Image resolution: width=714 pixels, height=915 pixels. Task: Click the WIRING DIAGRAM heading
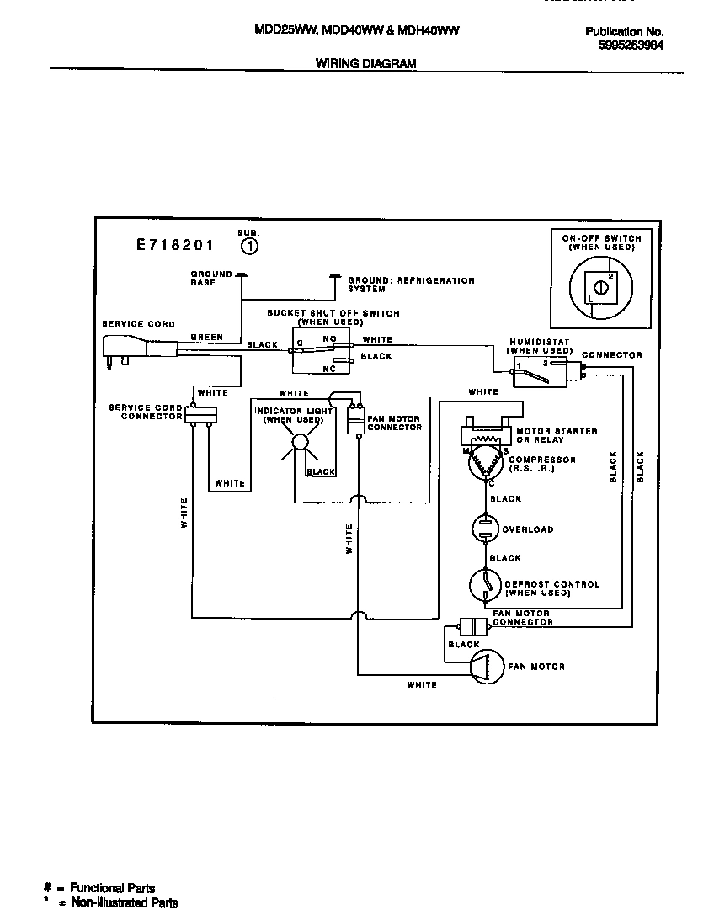point(365,63)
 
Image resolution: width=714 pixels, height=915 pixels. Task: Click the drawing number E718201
point(175,246)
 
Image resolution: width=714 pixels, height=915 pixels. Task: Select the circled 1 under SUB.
point(250,246)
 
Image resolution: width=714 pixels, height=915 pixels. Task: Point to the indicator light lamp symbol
point(299,444)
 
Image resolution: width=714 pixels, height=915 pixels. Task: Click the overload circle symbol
point(487,529)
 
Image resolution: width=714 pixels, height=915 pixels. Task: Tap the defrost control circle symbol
point(486,587)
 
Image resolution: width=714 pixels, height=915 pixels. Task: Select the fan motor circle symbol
point(486,666)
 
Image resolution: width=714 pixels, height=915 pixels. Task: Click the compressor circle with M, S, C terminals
point(487,463)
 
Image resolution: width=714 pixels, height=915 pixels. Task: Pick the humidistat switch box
point(545,371)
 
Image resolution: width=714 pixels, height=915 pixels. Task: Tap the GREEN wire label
point(206,338)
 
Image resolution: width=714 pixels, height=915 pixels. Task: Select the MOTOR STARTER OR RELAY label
point(557,435)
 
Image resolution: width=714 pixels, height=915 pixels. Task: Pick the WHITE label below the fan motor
point(422,685)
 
